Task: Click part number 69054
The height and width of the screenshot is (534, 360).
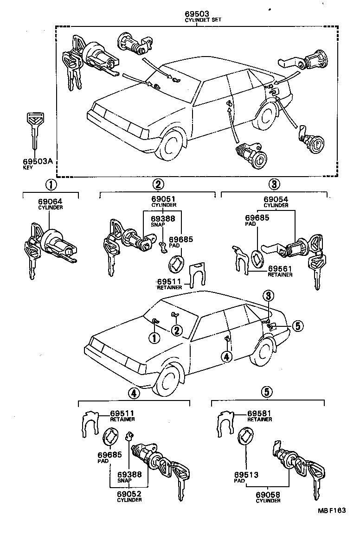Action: coord(276,199)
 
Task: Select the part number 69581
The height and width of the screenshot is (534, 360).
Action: coord(260,413)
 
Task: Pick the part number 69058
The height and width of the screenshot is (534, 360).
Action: coord(268,495)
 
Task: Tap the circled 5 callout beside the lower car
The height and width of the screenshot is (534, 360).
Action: coord(298,326)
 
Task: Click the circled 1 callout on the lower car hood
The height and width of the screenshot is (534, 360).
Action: coord(154,338)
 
